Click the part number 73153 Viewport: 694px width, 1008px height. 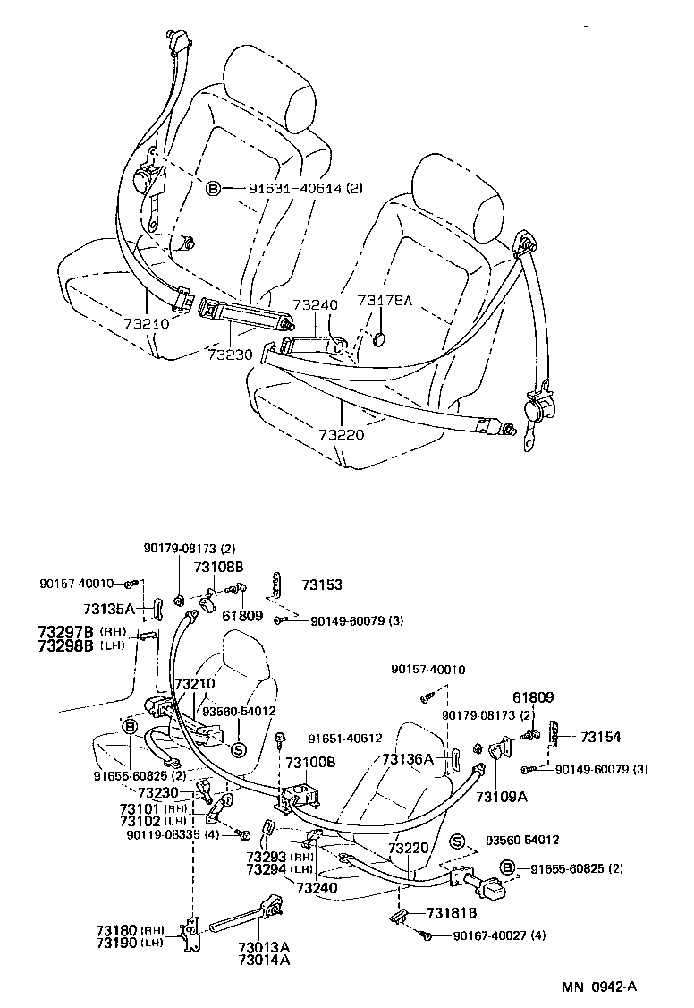321,585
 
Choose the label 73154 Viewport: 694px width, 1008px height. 600,737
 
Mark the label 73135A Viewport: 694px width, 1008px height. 108,609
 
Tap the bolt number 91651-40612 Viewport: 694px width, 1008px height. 344,739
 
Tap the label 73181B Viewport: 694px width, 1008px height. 452,912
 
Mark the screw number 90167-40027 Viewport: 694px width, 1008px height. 488,935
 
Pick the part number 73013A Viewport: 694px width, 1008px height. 264,947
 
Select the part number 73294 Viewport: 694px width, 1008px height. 267,869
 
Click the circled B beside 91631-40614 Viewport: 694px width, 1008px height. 213,188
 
